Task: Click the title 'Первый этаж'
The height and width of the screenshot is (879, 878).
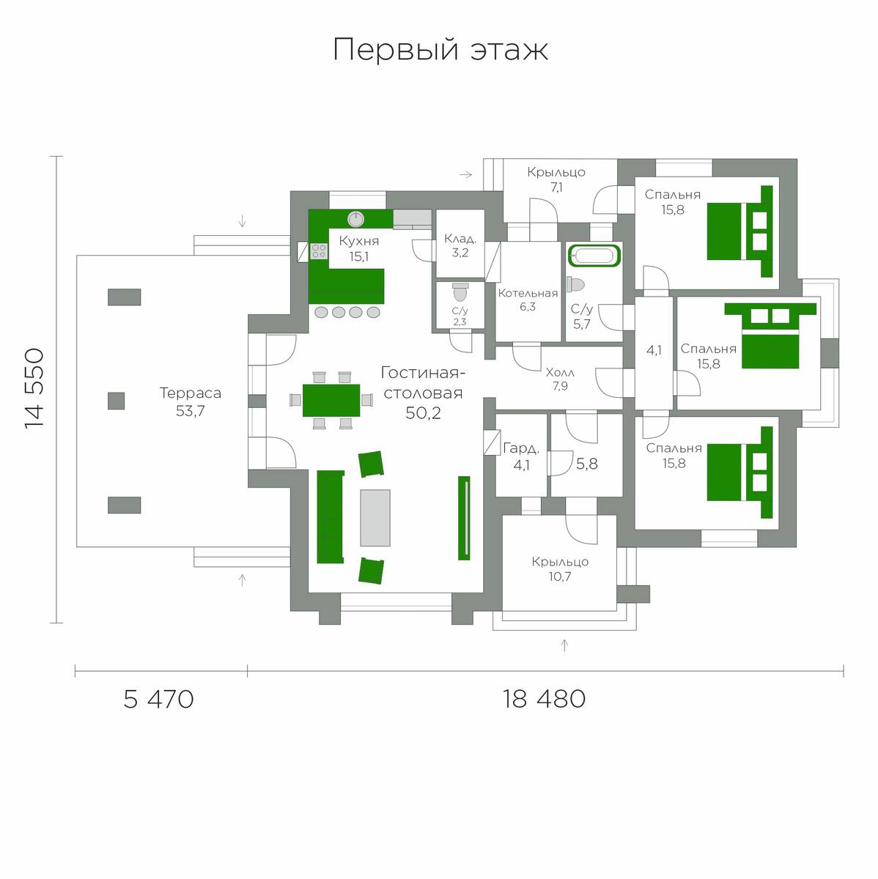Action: (x=440, y=50)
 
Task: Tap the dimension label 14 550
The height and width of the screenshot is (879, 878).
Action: (x=34, y=389)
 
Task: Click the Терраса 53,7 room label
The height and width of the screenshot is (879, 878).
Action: (x=191, y=402)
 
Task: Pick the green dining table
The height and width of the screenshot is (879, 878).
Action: (x=331, y=401)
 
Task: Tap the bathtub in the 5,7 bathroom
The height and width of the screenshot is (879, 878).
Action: (x=594, y=256)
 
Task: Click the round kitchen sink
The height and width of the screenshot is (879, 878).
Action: (x=355, y=220)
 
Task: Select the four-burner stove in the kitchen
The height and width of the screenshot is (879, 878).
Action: (x=319, y=251)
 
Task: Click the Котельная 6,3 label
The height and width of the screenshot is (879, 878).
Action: (x=528, y=300)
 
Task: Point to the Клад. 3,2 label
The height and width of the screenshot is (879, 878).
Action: (x=460, y=245)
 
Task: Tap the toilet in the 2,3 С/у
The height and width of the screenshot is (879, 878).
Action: (x=460, y=292)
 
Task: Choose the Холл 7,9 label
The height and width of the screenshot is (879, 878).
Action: (x=560, y=379)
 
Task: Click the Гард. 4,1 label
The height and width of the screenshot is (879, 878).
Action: (x=521, y=456)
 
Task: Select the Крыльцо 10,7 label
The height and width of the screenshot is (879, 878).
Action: (x=560, y=569)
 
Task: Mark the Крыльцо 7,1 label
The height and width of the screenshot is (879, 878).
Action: (x=556, y=179)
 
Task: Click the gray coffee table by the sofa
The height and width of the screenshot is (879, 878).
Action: (x=375, y=518)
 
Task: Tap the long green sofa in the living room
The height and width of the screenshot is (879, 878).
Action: (x=330, y=517)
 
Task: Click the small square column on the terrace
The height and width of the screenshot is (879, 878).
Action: (x=116, y=401)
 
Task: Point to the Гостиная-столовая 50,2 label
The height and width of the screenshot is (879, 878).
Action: (x=423, y=393)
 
